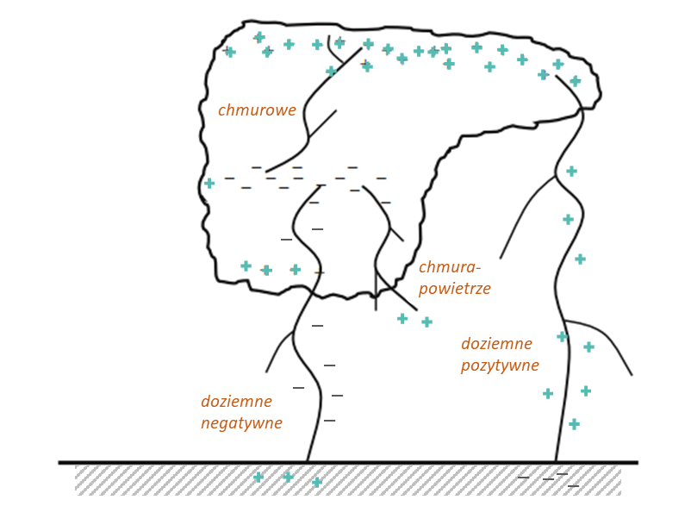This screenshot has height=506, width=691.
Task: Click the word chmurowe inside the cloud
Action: pyautogui.click(x=257, y=111)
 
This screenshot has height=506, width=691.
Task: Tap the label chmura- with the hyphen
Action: pyautogui.click(x=450, y=267)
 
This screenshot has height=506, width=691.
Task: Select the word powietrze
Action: pyautogui.click(x=454, y=290)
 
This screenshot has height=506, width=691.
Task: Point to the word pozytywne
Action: pyautogui.click(x=500, y=365)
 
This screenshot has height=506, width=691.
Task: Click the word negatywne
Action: pyautogui.click(x=241, y=423)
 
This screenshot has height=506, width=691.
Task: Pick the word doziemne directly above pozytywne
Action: pyautogui.click(x=496, y=344)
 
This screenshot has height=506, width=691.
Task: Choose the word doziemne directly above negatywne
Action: pyautogui.click(x=236, y=402)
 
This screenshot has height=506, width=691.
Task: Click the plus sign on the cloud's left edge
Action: pyautogui.click(x=209, y=183)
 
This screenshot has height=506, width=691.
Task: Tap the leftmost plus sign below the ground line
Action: pyautogui.click(x=258, y=477)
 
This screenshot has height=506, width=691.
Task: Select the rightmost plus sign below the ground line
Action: pyautogui.click(x=316, y=482)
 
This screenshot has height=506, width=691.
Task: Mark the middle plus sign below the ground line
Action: pyautogui.click(x=288, y=477)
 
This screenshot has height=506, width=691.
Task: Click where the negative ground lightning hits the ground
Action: pyautogui.click(x=308, y=462)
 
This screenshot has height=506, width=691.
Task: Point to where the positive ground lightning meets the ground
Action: pyautogui.click(x=556, y=462)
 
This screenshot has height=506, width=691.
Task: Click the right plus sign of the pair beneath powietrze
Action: pyautogui.click(x=426, y=322)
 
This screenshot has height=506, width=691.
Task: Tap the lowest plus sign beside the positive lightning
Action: pyautogui.click(x=574, y=424)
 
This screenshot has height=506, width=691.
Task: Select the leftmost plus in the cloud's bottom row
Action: pyautogui.click(x=246, y=265)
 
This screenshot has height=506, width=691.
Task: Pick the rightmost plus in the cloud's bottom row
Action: pyautogui.click(x=296, y=270)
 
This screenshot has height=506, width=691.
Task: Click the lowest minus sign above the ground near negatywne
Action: pyautogui.click(x=329, y=421)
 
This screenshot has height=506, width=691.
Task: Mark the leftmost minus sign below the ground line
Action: pyautogui.click(x=523, y=477)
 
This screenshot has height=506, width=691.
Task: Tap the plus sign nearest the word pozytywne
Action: pyautogui.click(x=548, y=393)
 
